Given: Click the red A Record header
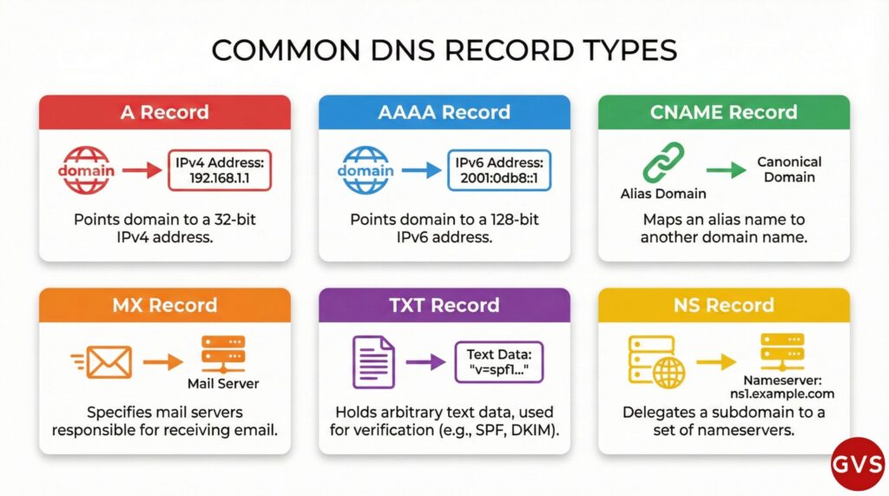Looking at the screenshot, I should click(164, 112).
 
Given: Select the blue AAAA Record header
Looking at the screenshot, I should click(444, 112).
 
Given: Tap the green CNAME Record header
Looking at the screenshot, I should click(723, 112).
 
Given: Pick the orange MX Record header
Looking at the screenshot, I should click(164, 305).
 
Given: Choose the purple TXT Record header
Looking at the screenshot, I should click(444, 305).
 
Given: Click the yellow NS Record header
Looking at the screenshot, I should click(723, 305).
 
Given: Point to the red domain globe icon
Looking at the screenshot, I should click(86, 169).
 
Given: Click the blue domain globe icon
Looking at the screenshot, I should click(365, 169).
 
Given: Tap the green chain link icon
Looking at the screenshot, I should click(663, 162).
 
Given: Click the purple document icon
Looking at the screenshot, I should click(372, 362).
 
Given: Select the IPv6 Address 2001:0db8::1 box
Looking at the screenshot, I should click(498, 169).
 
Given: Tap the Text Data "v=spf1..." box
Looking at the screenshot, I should click(498, 362).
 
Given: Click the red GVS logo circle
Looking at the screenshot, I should click(857, 463).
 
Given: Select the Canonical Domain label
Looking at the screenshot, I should click(789, 169).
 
